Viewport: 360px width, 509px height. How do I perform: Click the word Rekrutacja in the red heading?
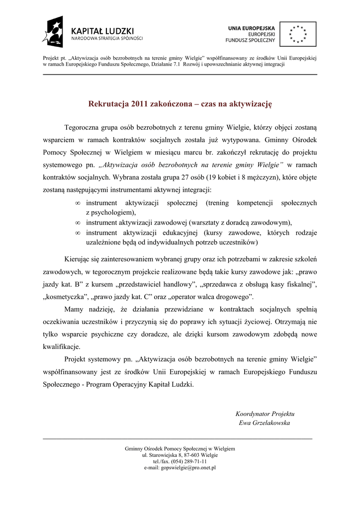click(108, 104)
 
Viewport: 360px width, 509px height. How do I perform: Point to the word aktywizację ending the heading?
click(251, 104)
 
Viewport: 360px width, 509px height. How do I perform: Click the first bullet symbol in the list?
click(78, 203)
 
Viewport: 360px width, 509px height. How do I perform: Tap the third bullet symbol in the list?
click(78, 233)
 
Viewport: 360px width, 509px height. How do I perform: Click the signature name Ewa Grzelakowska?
click(265, 423)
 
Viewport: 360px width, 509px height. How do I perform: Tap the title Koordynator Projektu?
click(265, 414)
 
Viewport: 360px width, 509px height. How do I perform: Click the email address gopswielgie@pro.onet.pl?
click(180, 468)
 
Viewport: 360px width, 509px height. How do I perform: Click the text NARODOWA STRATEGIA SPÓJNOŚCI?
click(107, 38)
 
